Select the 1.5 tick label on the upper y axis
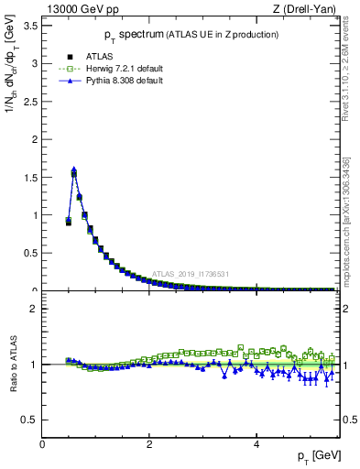pos(30,177)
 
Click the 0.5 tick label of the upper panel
pos(30,253)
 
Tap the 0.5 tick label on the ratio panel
pos(30,420)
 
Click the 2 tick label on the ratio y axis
pos(35,309)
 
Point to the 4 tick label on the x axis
pos(256,444)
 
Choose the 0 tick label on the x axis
pos(42,444)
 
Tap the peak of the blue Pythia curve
pos(73,169)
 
